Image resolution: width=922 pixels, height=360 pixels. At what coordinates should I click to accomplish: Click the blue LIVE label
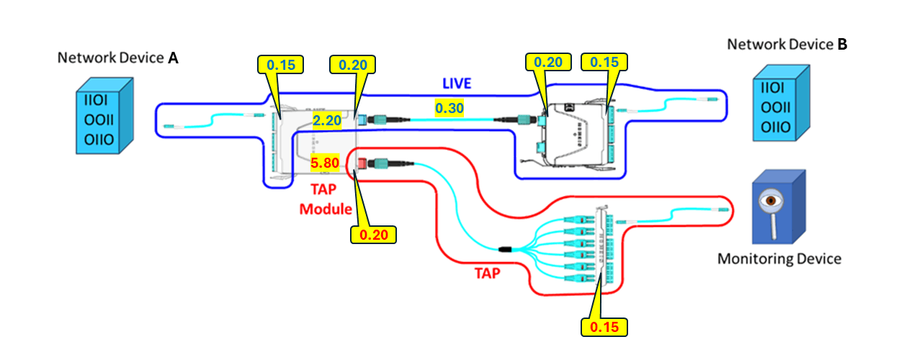[457, 84]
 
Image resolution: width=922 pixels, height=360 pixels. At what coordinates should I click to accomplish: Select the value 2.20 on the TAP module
[326, 120]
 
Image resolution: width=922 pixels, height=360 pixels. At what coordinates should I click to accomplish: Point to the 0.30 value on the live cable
[449, 108]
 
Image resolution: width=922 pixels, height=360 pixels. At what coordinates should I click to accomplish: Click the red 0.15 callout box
[604, 326]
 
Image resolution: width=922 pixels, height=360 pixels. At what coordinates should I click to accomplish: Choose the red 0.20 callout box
[373, 234]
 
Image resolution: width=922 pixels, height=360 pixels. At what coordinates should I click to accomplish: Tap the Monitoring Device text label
[779, 258]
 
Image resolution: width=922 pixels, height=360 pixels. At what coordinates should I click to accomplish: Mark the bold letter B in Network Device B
[842, 45]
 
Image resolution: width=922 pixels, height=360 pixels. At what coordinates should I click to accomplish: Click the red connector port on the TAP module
[362, 164]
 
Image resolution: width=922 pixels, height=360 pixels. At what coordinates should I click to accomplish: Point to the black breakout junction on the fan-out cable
[504, 249]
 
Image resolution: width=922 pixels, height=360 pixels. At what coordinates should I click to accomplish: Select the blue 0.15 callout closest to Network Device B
[604, 63]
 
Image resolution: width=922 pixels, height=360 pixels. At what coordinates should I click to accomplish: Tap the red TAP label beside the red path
[489, 274]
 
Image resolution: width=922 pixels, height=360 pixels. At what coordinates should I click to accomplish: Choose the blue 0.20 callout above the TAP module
[353, 65]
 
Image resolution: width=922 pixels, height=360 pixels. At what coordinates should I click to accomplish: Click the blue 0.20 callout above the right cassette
[548, 63]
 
